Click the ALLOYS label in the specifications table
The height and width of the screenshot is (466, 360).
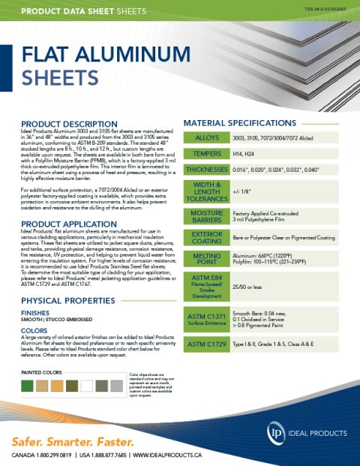[206, 139]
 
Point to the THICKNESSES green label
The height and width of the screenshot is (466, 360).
[206, 170]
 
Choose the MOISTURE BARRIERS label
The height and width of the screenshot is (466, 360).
[206, 218]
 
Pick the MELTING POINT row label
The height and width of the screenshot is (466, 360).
[206, 260]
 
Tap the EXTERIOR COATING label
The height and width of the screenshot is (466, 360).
[206, 239]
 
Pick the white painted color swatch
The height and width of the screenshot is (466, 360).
[87, 386]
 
